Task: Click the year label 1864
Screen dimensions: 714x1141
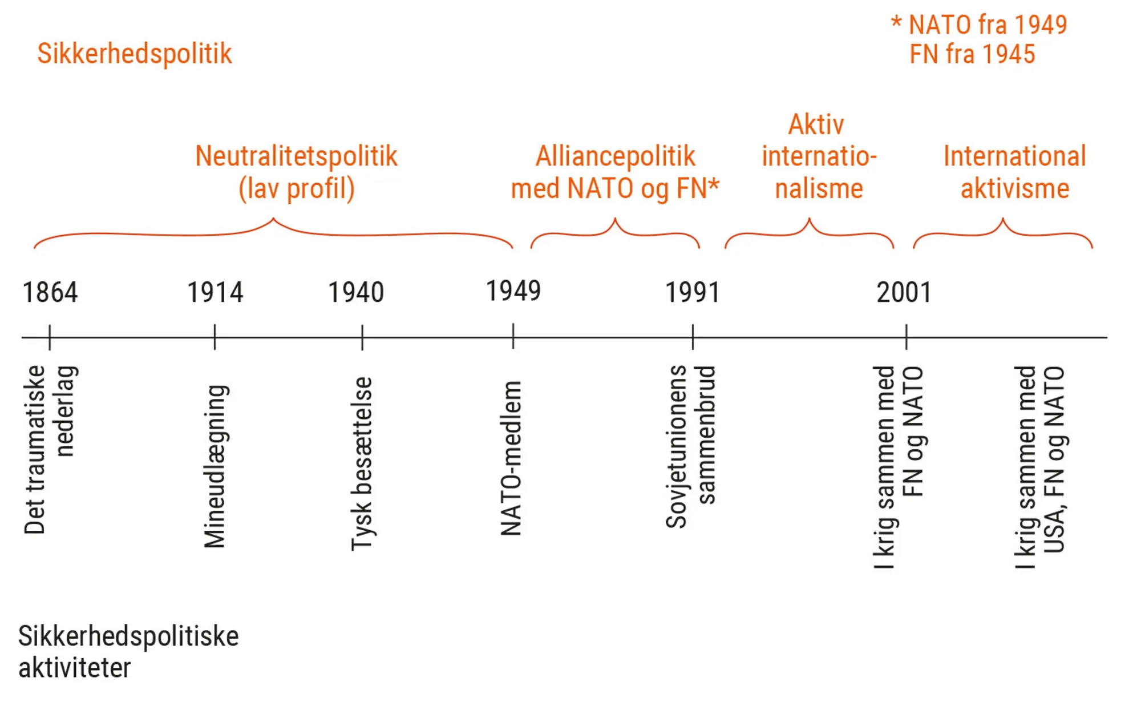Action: pos(50,293)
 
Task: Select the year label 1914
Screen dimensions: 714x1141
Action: pos(215,293)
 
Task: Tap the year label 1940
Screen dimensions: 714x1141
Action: pos(356,293)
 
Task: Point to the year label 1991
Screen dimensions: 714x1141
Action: pos(693,293)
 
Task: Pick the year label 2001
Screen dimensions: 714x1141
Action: pos(904,293)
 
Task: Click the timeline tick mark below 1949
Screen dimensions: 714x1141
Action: pos(513,337)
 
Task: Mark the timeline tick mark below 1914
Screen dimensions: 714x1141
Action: pos(215,337)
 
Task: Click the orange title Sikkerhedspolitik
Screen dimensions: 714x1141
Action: pos(135,54)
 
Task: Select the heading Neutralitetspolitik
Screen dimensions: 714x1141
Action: pos(296,156)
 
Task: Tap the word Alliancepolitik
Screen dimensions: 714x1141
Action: pos(615,156)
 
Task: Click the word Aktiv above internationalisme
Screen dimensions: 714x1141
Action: pos(816,125)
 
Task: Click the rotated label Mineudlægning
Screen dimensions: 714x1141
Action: pos(215,466)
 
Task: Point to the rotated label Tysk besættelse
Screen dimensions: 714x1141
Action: pos(362,463)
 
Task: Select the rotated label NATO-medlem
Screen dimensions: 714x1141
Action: pos(511,458)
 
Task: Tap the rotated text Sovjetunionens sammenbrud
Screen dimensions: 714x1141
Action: pos(690,446)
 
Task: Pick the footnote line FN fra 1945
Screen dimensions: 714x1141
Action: pos(972,55)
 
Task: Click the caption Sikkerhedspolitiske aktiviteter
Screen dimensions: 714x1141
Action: pos(128,652)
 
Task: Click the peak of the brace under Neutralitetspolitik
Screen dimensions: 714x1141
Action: pos(273,219)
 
